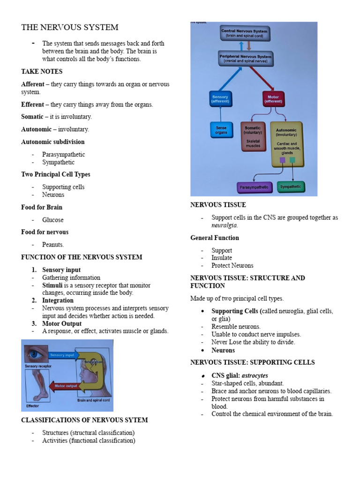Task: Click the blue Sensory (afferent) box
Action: coord(220,99)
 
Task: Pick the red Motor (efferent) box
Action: coord(273,99)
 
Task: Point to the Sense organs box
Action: coord(221,130)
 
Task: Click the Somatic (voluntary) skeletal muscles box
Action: coord(253,137)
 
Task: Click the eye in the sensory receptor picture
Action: coord(35,353)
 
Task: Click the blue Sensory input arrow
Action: coord(63,355)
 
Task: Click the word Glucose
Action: coord(53,220)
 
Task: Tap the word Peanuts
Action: coord(53,245)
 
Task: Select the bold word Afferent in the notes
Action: coord(33,84)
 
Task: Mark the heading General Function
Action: coord(215,238)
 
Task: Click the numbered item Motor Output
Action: coord(62,323)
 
